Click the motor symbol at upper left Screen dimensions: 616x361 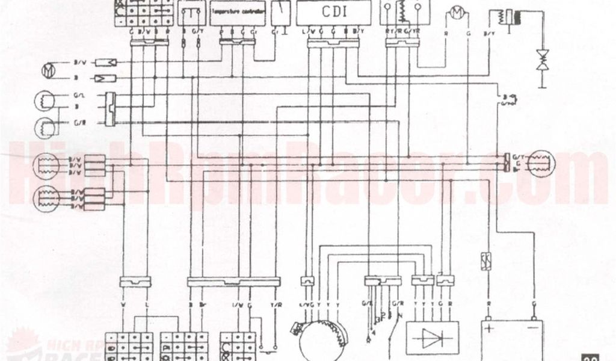click(x=48, y=70)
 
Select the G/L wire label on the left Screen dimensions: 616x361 click(x=79, y=95)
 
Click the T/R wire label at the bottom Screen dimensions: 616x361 click(x=276, y=304)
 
